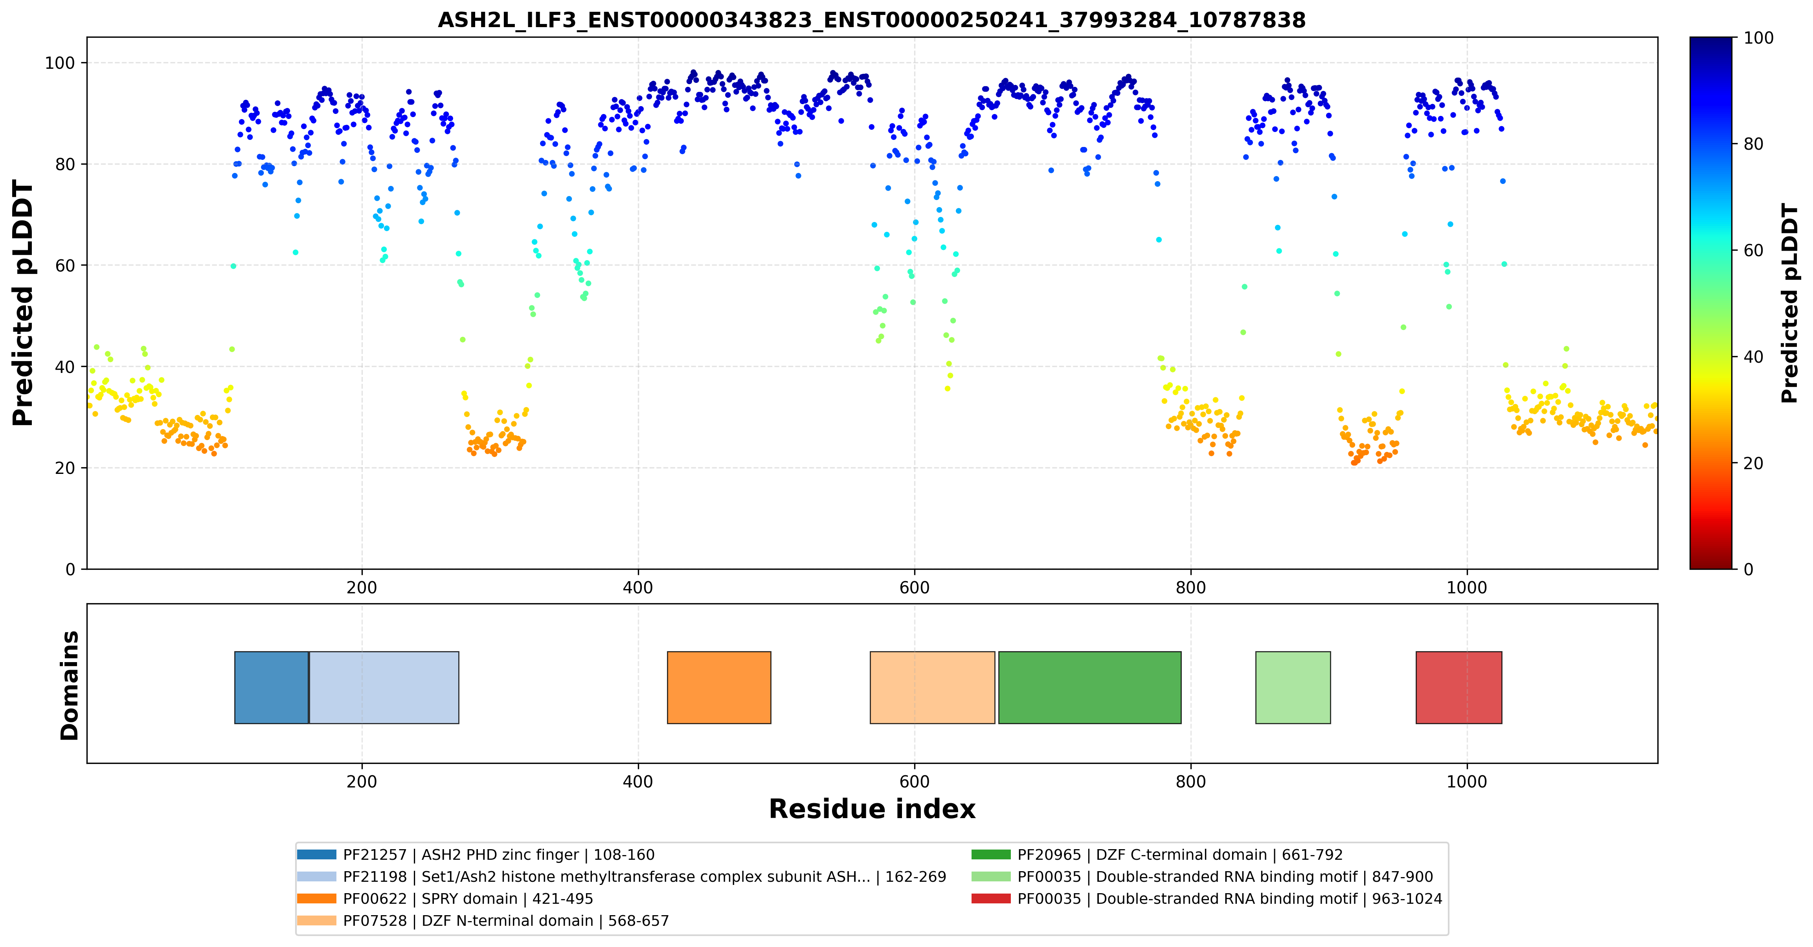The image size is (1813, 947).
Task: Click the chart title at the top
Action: (871, 20)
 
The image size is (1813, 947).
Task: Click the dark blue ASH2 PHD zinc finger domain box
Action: (272, 687)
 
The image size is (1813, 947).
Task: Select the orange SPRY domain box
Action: (718, 687)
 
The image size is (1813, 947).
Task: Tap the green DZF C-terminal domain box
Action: (1089, 687)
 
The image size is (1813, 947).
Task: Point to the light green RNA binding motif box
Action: (1293, 687)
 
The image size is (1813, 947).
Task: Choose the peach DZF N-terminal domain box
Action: (933, 687)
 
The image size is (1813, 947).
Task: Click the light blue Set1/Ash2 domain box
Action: (384, 687)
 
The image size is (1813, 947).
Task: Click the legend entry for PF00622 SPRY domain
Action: (446, 898)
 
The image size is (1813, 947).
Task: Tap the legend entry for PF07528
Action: (483, 920)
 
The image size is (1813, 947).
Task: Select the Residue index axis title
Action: (872, 809)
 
